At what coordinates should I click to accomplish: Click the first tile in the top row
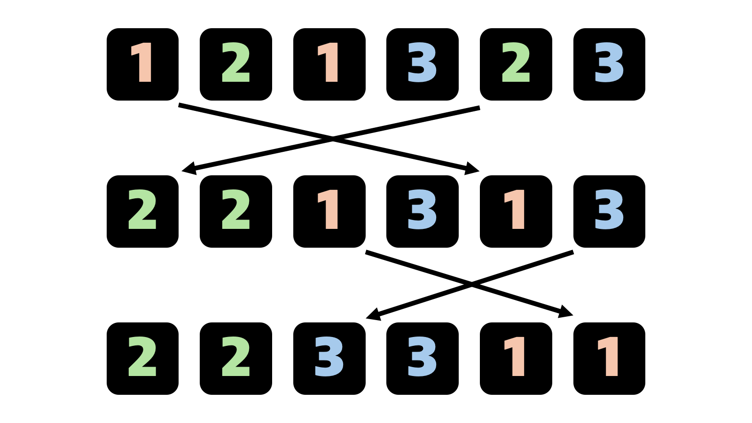142,64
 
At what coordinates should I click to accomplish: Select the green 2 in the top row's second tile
236,63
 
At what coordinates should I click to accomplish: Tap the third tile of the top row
329,64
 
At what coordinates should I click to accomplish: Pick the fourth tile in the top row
422,64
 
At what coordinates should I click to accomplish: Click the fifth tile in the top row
516,64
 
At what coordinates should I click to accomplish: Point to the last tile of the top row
609,64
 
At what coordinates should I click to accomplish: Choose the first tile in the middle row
142,211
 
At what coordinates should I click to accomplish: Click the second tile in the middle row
236,211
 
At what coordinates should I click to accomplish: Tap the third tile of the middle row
329,211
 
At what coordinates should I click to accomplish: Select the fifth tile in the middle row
516,211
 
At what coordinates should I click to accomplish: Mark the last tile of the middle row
609,211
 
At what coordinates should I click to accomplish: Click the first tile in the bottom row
142,359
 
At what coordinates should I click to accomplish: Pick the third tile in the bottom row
329,359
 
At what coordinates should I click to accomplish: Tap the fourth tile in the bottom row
422,359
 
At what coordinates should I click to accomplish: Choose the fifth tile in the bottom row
516,359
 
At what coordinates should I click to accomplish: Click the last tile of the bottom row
609,359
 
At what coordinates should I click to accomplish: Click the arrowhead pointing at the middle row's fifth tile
473,169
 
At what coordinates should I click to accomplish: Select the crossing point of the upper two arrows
333,139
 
